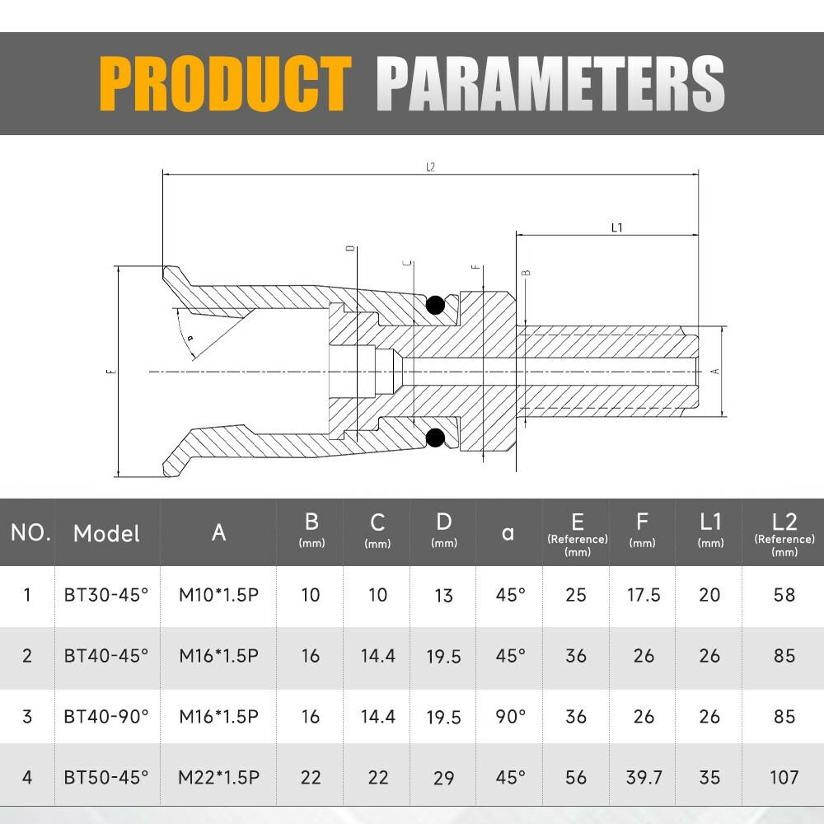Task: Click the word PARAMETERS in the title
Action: tap(550, 83)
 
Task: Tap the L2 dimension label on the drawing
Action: tap(430, 167)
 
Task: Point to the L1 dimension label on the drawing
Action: tap(616, 228)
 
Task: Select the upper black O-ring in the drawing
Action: tap(435, 306)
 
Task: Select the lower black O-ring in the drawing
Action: tap(435, 437)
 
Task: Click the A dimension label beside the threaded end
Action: tap(715, 371)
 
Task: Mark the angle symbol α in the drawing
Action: tap(190, 338)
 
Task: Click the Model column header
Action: tap(106, 533)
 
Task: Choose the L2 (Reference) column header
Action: tap(784, 532)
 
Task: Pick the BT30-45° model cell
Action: tap(106, 595)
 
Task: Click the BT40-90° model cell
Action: tap(106, 716)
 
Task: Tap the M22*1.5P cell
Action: tap(219, 776)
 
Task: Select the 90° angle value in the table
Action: tap(510, 716)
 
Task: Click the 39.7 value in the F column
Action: tap(643, 776)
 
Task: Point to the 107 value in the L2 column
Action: tap(784, 776)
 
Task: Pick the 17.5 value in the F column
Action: tap(643, 595)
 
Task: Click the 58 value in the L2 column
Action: tap(784, 595)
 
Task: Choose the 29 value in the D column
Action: tap(443, 776)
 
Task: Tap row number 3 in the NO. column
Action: tap(27, 716)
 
